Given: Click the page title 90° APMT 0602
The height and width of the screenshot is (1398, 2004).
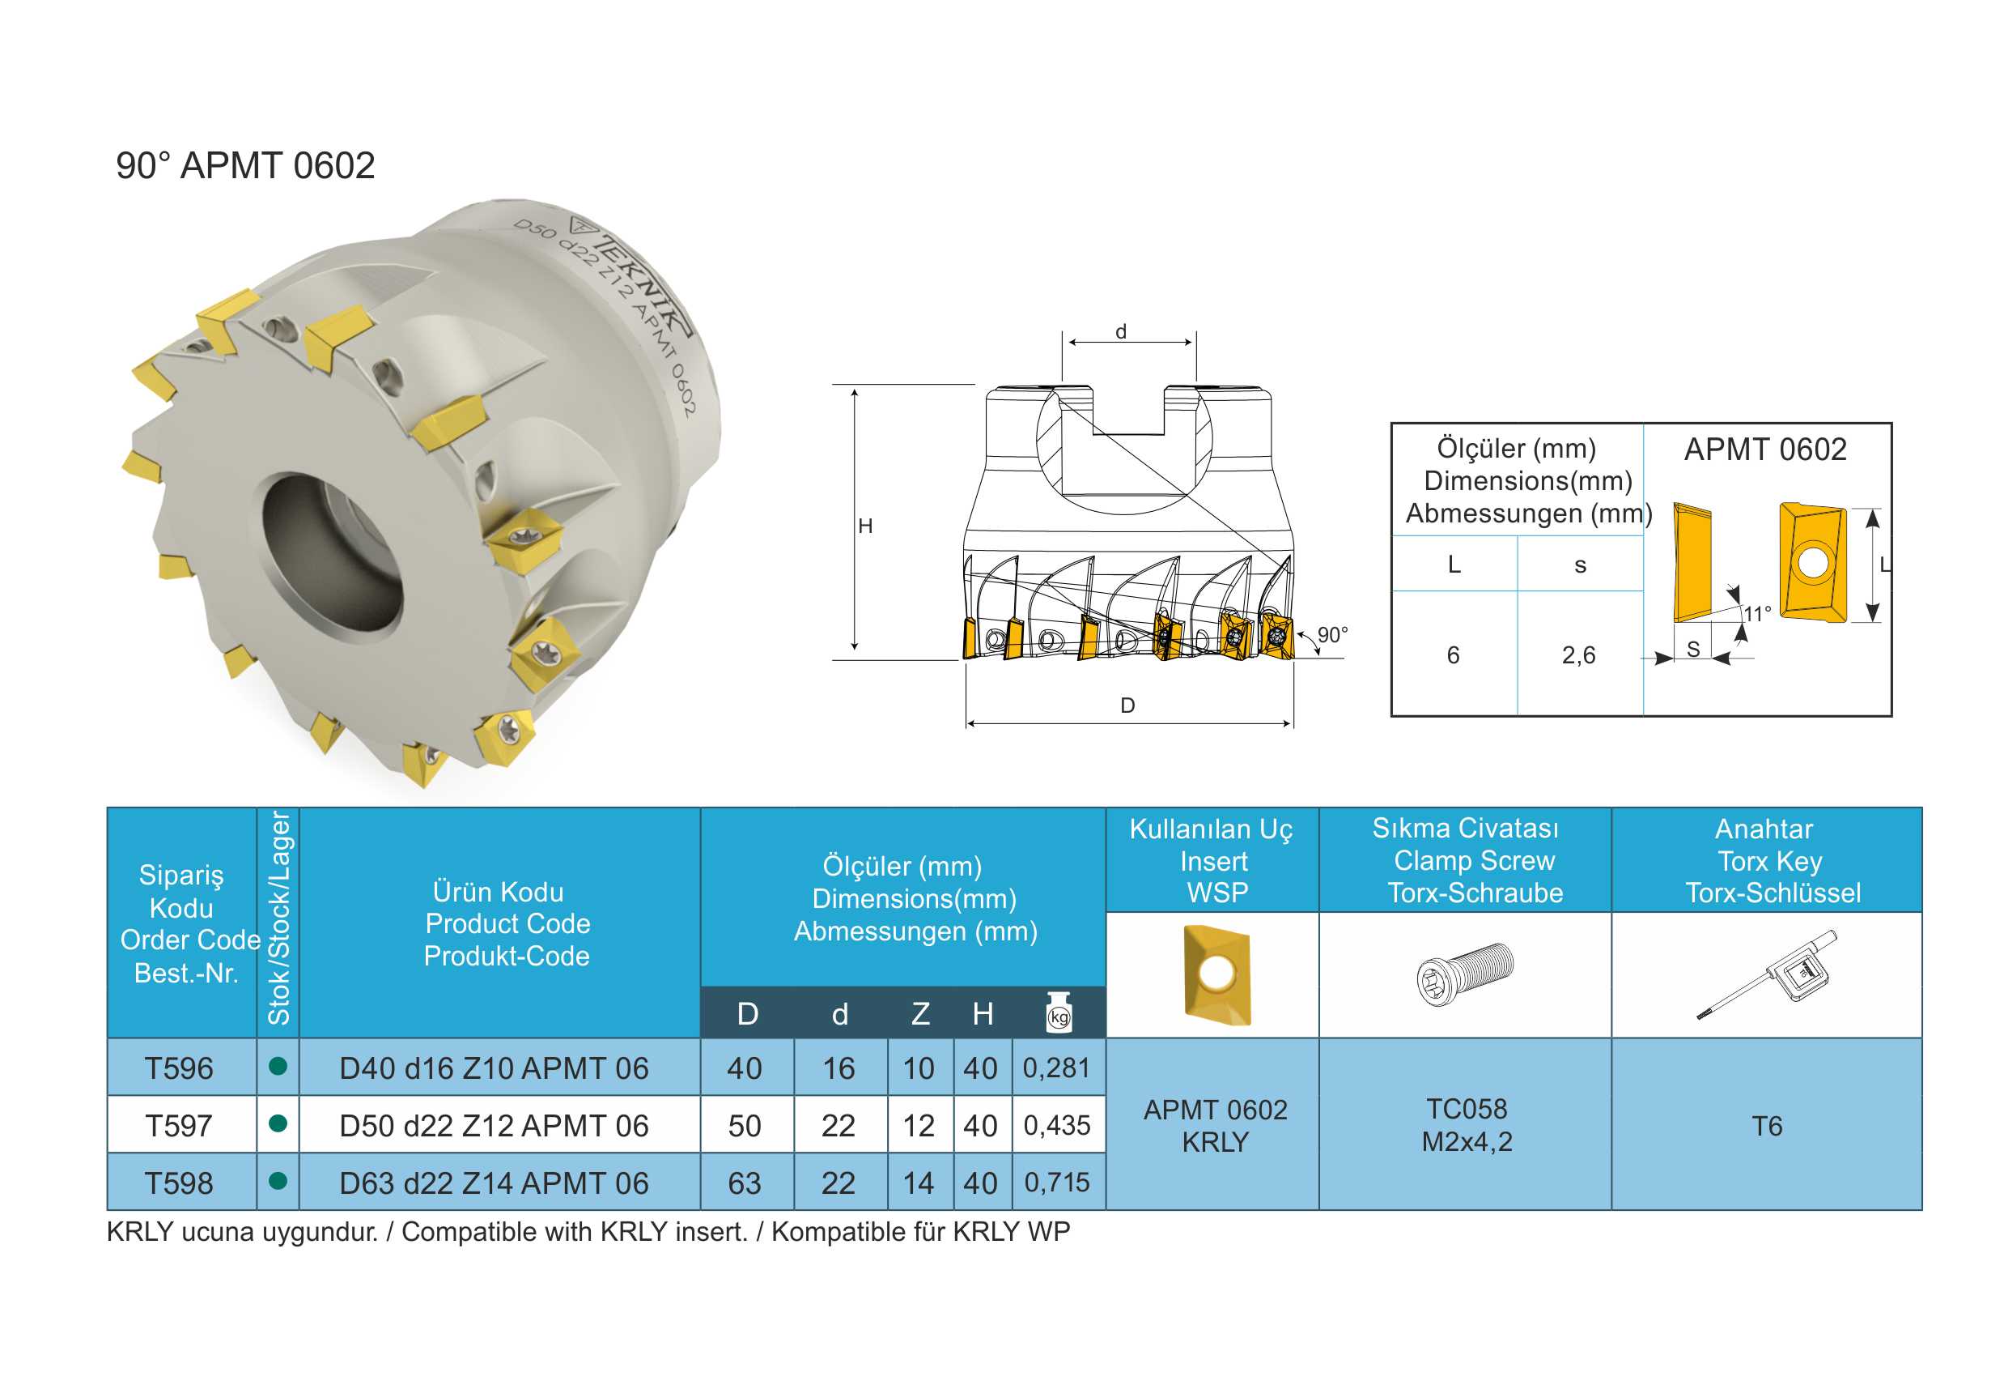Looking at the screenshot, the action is coord(245,165).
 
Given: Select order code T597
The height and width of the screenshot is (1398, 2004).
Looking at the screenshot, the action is coord(179,1126).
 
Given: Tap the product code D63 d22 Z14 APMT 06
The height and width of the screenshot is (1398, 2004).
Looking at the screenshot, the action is coord(494,1183).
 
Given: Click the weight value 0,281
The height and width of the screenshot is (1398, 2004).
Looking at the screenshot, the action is coord(1057,1067).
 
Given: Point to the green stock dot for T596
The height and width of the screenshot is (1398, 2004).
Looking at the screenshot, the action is coord(278,1065).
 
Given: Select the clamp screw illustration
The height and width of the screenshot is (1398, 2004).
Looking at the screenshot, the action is coord(1466,974).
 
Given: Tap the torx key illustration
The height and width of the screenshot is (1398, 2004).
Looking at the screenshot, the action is coord(1768,974).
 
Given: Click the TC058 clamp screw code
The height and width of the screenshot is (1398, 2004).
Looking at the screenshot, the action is coord(1467,1109).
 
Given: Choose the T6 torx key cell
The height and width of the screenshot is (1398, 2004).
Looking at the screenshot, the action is coord(1768,1126).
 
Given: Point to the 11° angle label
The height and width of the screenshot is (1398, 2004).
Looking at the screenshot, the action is coord(1758,613).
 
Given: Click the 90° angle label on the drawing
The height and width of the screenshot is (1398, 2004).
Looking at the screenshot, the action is coord(1333,635).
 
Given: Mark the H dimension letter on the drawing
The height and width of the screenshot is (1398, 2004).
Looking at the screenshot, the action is coord(865,526).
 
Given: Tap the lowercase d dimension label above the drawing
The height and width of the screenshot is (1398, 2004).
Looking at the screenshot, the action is coord(1121,332).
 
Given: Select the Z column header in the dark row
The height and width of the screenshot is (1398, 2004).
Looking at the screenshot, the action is coord(920,1014).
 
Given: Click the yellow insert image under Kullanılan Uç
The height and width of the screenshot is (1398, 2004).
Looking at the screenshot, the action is coord(1216,974).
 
